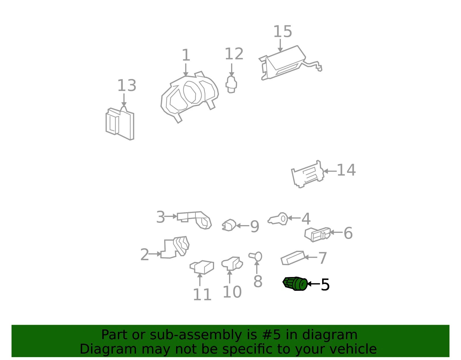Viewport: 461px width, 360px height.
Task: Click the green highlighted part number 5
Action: click(295, 284)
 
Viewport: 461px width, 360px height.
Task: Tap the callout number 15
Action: click(283, 31)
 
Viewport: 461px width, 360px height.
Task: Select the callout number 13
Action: click(127, 85)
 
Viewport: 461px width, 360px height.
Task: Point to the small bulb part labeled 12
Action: click(231, 85)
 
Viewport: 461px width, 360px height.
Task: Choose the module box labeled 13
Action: click(120, 123)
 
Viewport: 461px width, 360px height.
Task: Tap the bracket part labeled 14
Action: click(308, 174)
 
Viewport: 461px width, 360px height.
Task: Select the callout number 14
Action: click(346, 170)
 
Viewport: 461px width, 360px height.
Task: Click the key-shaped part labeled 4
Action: click(278, 219)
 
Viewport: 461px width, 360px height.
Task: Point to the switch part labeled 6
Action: click(318, 235)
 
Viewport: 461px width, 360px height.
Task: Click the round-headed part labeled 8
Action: click(256, 257)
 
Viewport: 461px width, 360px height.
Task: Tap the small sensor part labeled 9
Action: click(229, 225)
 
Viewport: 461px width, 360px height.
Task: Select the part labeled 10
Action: click(232, 264)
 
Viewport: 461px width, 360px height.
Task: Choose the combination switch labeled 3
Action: click(194, 220)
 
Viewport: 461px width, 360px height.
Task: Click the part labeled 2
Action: click(175, 248)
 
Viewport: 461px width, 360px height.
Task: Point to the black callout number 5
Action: click(325, 285)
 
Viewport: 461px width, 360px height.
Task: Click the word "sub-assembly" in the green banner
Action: click(196, 335)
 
